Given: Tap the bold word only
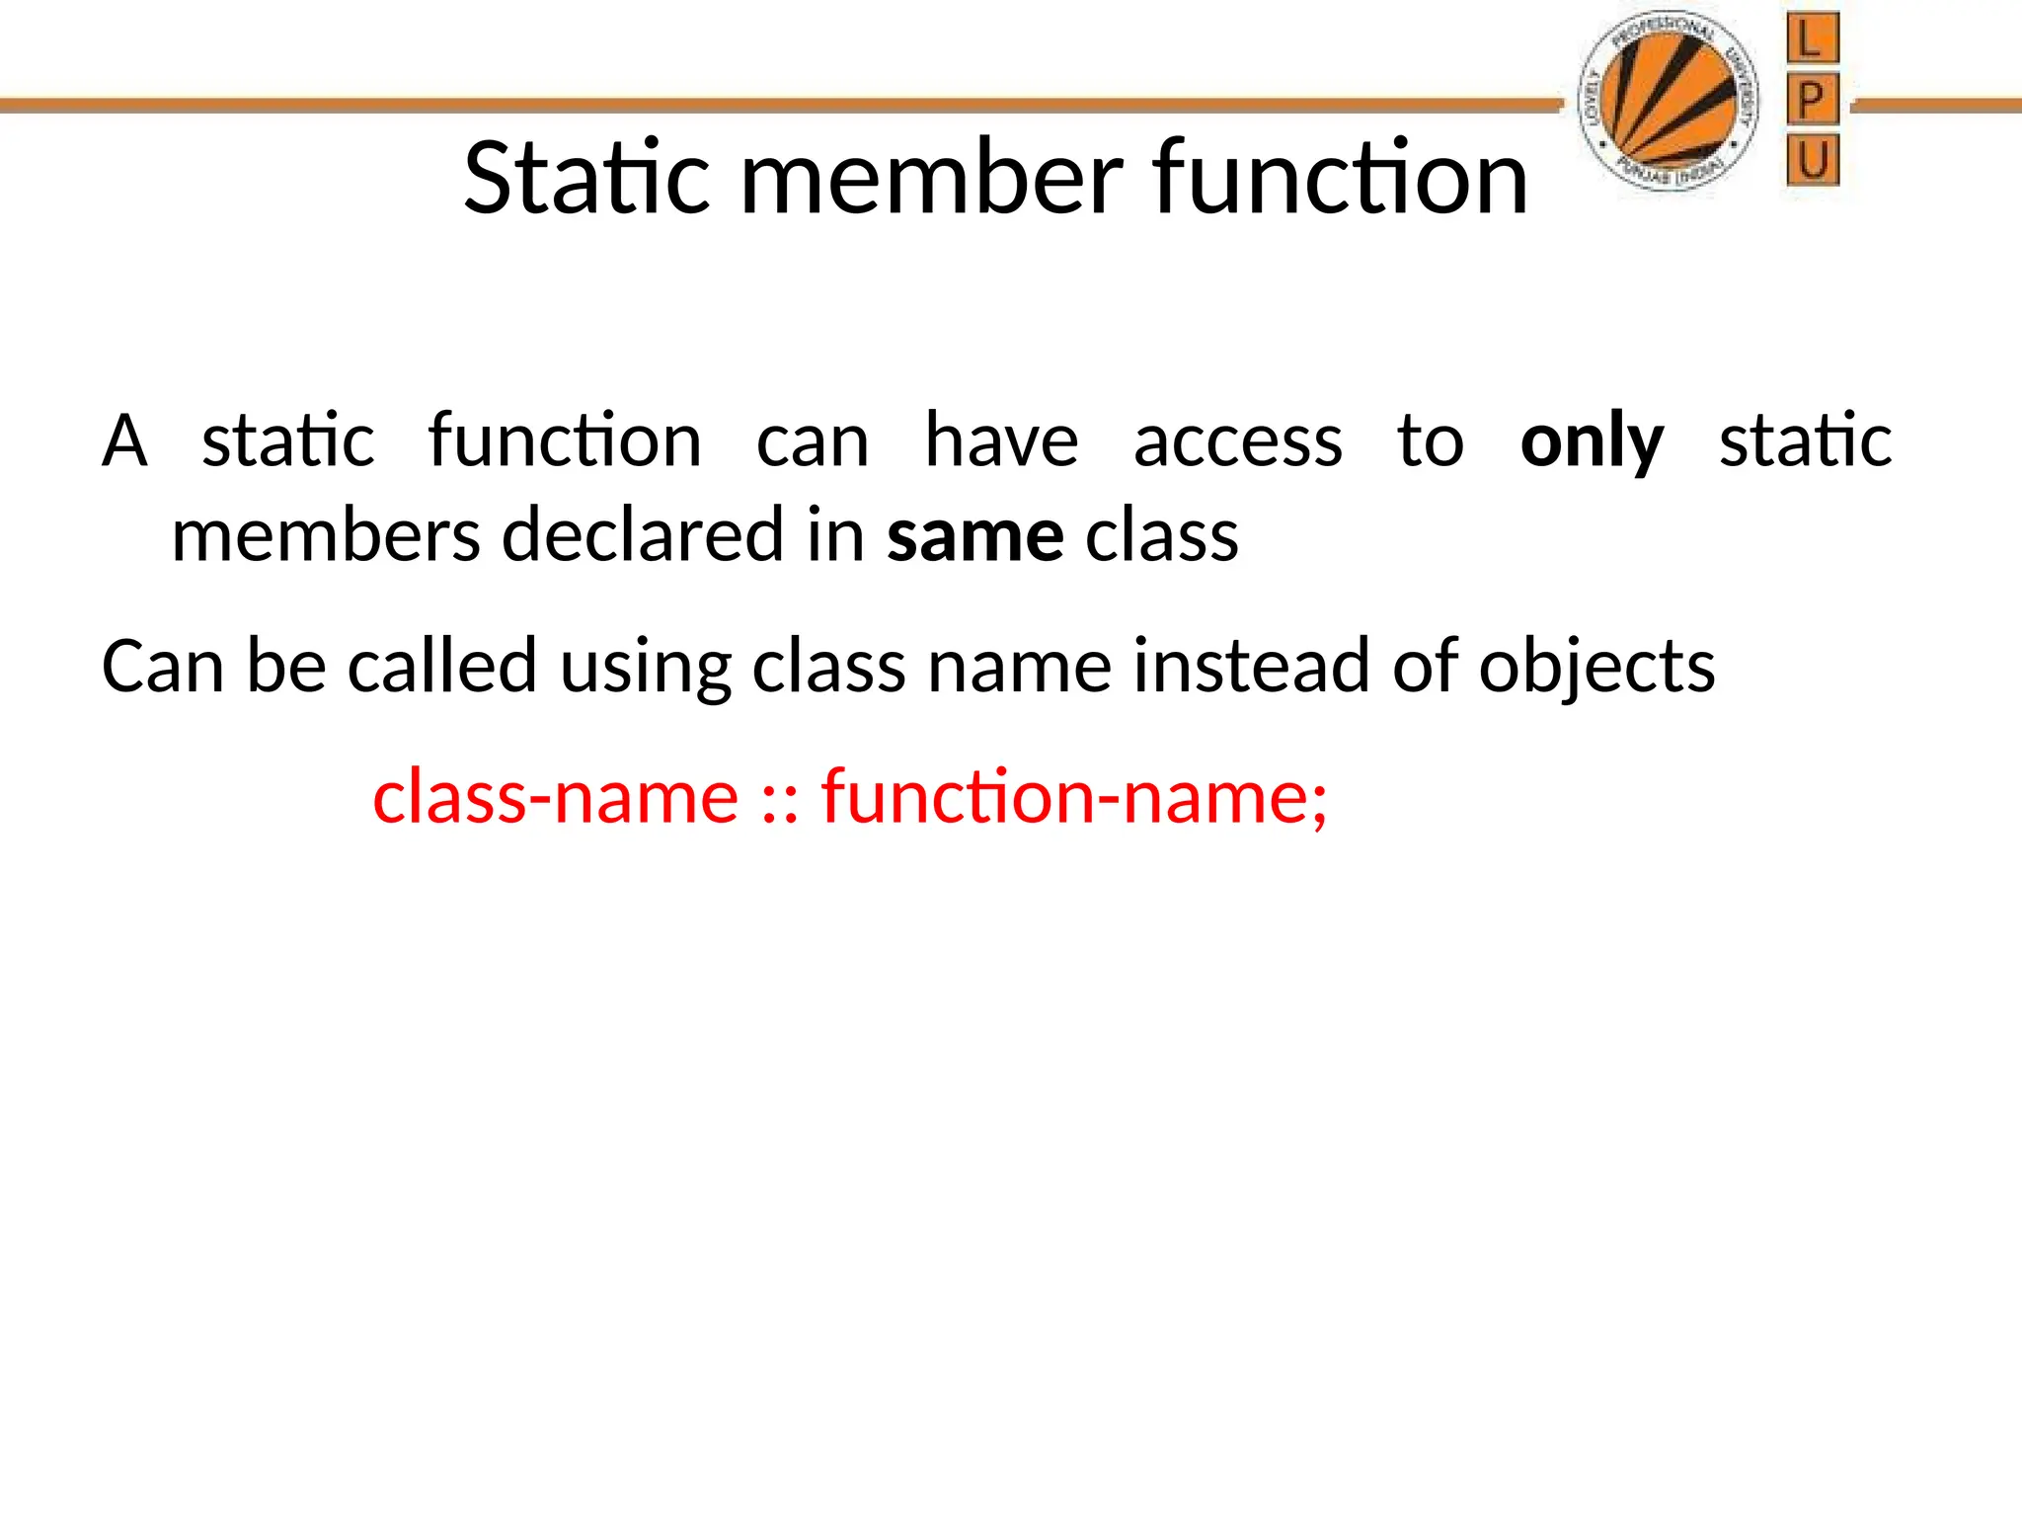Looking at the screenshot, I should click(1592, 440).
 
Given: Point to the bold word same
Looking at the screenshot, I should click(974, 536).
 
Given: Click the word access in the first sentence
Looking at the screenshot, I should click(1237, 440).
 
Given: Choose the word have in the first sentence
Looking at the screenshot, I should click(1001, 440).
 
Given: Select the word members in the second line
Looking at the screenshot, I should click(326, 536).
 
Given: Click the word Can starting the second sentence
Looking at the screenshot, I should click(163, 667).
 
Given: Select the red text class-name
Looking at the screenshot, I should click(556, 796).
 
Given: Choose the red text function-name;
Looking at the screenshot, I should click(1074, 796).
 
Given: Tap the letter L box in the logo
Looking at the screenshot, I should click(1812, 40).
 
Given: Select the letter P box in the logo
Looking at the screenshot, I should click(1812, 100).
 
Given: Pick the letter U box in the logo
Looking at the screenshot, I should click(1813, 160).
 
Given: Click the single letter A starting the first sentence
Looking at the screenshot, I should click(125, 440).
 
